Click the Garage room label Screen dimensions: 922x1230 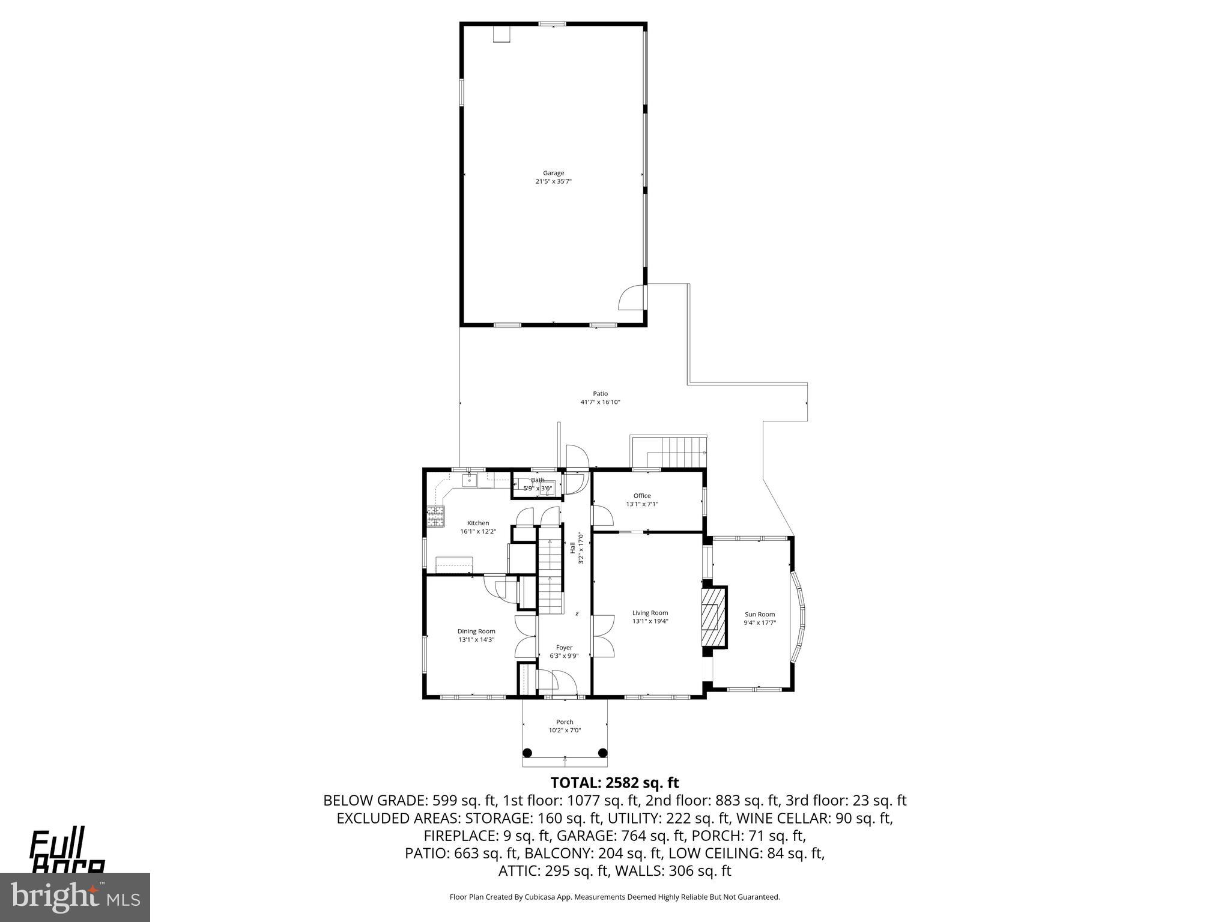[553, 173]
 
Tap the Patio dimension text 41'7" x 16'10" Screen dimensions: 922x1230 [600, 402]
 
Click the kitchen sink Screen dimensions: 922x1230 [470, 480]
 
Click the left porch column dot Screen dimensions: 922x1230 [527, 753]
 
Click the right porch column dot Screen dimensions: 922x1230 [603, 753]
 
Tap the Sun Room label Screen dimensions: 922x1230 [760, 614]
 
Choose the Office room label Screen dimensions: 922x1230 [642, 496]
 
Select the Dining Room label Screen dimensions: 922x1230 [476, 631]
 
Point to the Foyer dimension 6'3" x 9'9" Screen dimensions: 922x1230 [564, 656]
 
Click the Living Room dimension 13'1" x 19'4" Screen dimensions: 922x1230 [650, 621]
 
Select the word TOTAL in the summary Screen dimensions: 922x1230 [574, 783]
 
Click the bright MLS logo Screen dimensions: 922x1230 [75, 897]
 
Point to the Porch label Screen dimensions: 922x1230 [565, 722]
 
